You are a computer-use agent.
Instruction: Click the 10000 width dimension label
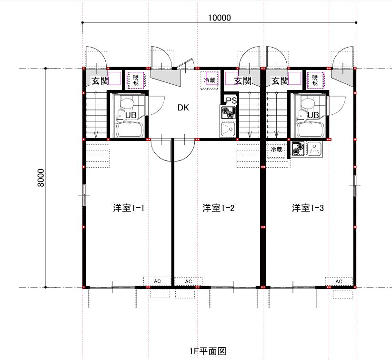(220, 18)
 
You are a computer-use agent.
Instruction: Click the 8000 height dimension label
(40, 178)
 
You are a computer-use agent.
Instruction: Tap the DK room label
(183, 108)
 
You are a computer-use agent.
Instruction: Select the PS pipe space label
(231, 100)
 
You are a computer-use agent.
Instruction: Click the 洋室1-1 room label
(129, 208)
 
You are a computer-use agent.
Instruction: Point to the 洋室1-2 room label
(219, 208)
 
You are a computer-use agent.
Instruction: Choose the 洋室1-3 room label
(308, 208)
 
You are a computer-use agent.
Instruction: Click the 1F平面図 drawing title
(208, 351)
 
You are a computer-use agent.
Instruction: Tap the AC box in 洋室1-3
(339, 281)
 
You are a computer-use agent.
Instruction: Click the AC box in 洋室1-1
(157, 281)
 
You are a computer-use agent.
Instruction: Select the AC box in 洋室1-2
(188, 281)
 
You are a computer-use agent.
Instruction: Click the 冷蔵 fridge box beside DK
(210, 80)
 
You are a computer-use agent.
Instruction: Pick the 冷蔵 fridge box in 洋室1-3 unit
(276, 150)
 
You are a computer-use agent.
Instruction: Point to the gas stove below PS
(228, 112)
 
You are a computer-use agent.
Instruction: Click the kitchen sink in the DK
(228, 129)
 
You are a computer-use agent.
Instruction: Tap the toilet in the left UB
(127, 104)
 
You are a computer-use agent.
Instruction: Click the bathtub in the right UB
(311, 130)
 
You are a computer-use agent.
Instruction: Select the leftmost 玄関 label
(100, 81)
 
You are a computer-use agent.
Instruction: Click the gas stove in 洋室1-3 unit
(298, 149)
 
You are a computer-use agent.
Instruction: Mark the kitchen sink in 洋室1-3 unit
(314, 149)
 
